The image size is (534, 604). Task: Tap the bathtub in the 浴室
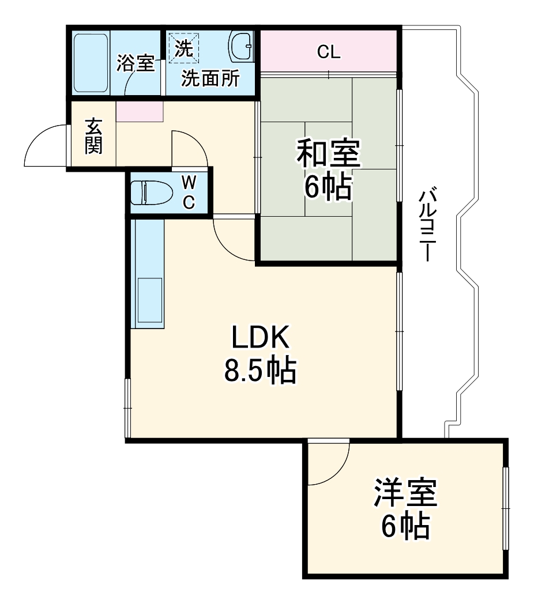pos(91,63)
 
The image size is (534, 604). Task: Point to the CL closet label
pos(329,52)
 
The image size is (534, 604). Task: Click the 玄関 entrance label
pos(93,137)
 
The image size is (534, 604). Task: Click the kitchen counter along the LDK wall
pos(148,274)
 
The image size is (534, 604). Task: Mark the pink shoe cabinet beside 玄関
pos(140,111)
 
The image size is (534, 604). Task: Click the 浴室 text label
pos(136,63)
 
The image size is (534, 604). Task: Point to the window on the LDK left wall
pos(128,408)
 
